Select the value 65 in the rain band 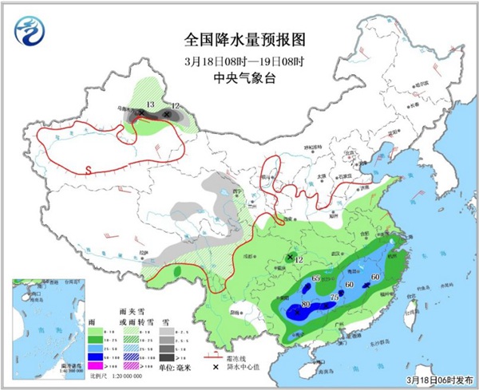pyautogui.click(x=315, y=276)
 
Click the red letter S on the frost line pyautogui.click(x=89, y=167)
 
